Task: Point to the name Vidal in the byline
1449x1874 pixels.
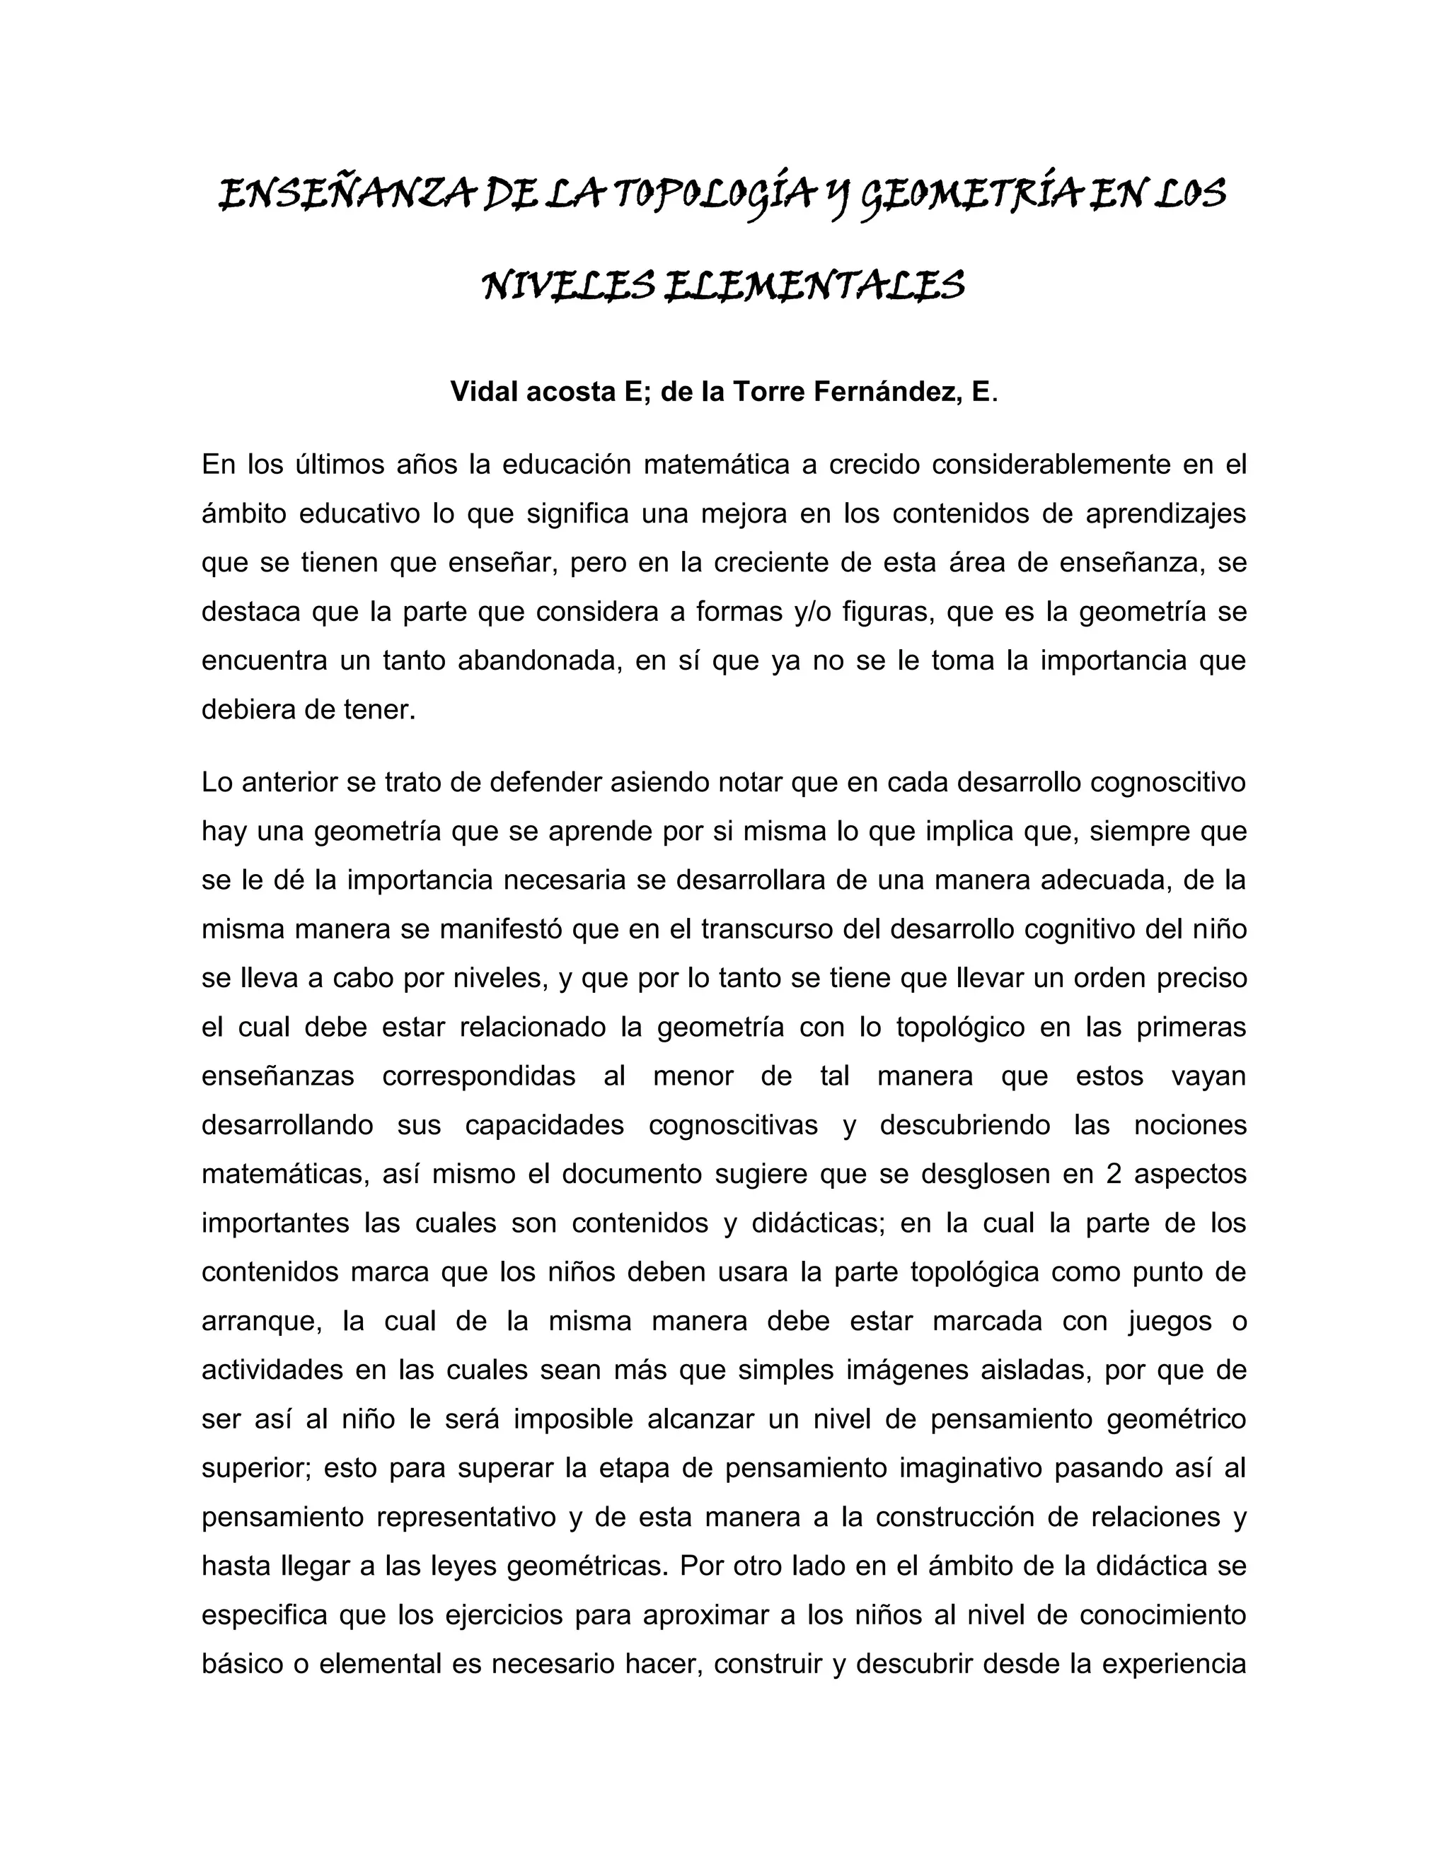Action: click(x=483, y=392)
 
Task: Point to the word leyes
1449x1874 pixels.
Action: click(x=459, y=1566)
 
